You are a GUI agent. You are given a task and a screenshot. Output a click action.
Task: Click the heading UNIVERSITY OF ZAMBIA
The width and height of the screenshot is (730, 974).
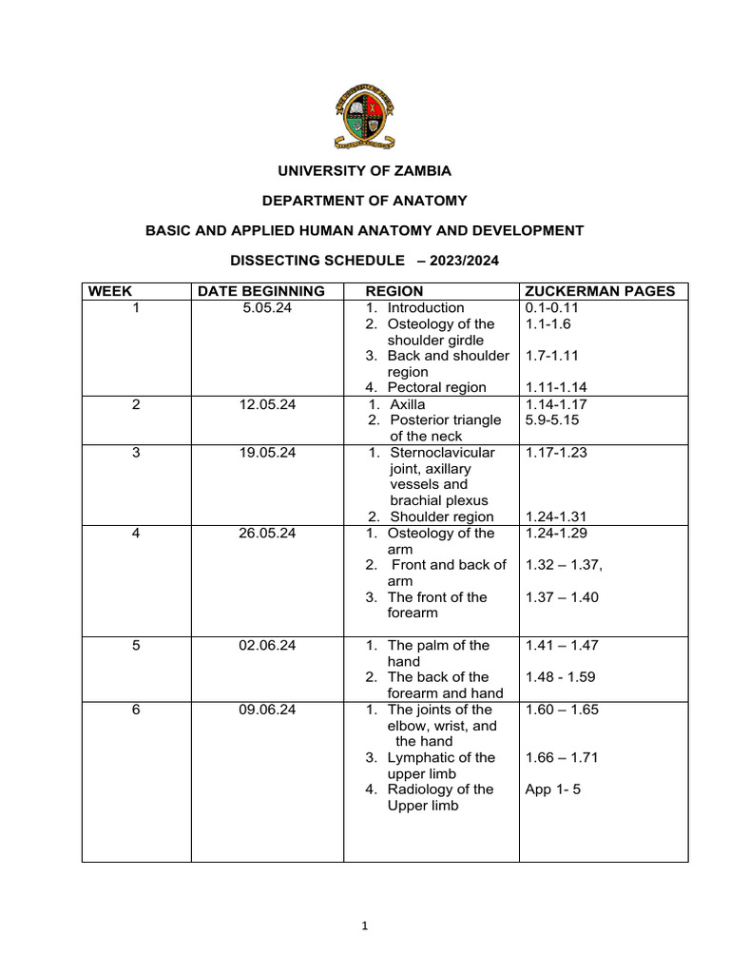click(364, 171)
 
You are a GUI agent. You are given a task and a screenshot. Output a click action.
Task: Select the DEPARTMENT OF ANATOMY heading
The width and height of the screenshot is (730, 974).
click(364, 201)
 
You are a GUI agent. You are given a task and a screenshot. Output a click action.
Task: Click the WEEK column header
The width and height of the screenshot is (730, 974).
click(110, 291)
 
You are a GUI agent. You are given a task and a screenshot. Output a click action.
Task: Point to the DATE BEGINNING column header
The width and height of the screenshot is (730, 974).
click(261, 291)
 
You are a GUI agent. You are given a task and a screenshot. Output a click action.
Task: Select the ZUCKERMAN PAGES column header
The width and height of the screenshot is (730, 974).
click(600, 291)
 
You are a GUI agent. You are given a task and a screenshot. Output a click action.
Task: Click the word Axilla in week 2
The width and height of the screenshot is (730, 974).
click(408, 404)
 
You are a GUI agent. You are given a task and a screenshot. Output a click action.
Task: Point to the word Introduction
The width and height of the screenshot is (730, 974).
click(426, 307)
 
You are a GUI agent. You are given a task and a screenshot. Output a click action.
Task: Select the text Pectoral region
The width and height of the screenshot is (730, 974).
click(436, 387)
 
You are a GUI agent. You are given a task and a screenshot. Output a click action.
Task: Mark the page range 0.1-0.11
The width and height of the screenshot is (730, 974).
click(552, 307)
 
